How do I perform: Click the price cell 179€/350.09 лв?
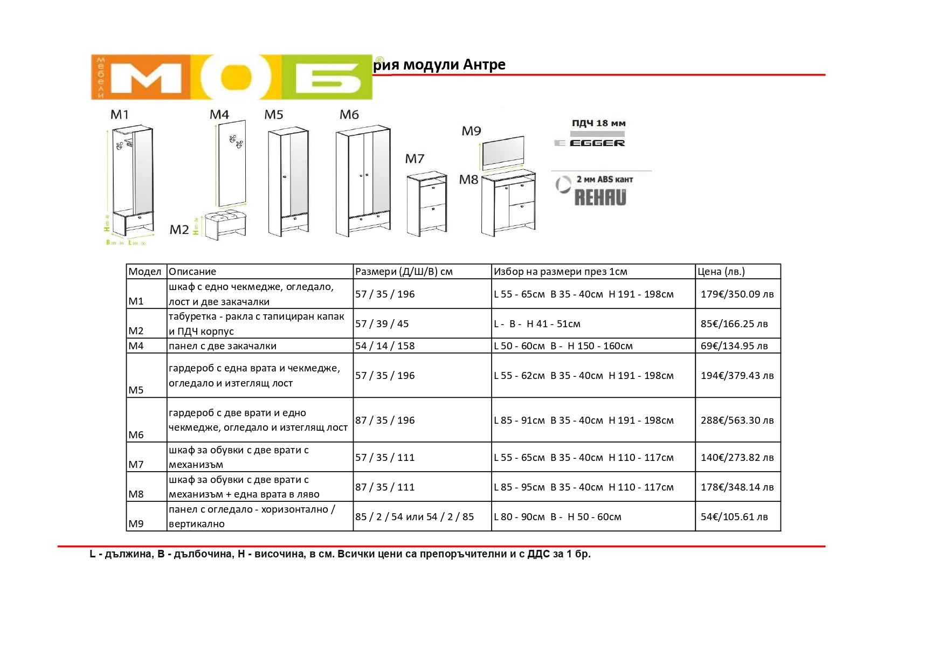point(737,294)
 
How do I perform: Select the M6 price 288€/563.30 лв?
point(737,420)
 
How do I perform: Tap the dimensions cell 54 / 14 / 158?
point(385,346)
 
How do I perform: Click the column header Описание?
point(192,272)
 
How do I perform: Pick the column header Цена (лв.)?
point(721,272)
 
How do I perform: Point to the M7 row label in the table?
point(136,464)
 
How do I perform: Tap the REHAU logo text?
point(600,197)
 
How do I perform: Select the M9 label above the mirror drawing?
point(471,131)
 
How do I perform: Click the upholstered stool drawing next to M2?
point(225,223)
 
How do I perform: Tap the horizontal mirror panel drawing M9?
point(502,150)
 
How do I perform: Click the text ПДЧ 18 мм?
point(598,123)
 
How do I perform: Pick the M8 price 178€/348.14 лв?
point(737,487)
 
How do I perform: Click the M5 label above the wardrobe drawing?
point(273,115)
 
